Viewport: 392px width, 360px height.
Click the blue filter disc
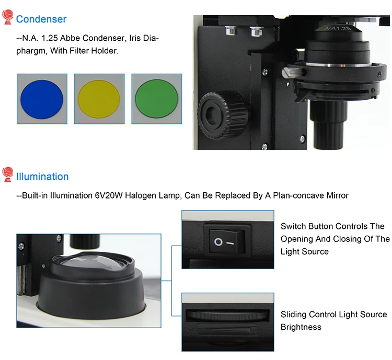pyautogui.click(x=42, y=99)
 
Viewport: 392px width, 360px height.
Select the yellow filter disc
pyautogui.click(x=99, y=99)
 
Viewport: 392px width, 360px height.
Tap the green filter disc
pyautogui.click(x=156, y=99)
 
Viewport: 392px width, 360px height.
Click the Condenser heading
pyautogui.click(x=41, y=19)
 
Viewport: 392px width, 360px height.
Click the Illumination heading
pyautogui.click(x=42, y=177)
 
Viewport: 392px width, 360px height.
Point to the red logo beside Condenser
pyautogui.click(x=7, y=17)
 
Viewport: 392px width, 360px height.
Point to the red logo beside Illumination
pyautogui.click(x=7, y=174)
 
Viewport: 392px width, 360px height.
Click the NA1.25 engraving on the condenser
pyautogui.click(x=338, y=28)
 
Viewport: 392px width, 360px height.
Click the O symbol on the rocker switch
pyautogui.click(x=218, y=242)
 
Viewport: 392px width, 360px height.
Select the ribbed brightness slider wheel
pyautogui.click(x=227, y=315)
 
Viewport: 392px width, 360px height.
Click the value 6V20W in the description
pyautogui.click(x=109, y=195)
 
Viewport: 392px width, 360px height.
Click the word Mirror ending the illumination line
pyautogui.click(x=338, y=195)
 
